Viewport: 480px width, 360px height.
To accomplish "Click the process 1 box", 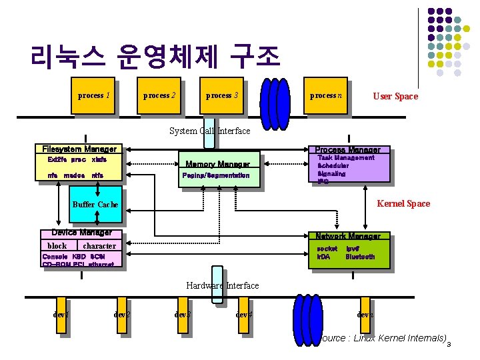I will point(94,96).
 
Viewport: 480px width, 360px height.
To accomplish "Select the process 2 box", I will point(160,96).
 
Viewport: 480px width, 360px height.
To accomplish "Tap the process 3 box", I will point(222,96).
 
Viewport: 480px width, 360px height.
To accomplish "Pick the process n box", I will point(326,96).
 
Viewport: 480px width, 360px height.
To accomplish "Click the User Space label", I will point(395,97).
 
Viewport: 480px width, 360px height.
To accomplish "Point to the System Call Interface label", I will point(210,131).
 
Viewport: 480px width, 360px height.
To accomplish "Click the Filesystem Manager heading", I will point(79,149).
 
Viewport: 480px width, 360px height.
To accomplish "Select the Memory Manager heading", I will point(217,164).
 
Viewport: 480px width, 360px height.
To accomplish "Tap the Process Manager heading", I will point(347,150).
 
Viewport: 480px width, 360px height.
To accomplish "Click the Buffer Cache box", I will point(95,205).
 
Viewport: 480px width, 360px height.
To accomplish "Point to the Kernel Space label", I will point(404,204).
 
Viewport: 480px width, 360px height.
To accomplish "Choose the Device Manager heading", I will point(81,233).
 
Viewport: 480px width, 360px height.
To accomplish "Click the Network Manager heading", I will point(348,236).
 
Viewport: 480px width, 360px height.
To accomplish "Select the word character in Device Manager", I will point(99,246).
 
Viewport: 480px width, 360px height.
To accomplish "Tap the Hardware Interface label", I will point(223,285).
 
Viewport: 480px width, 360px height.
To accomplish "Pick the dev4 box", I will point(244,315).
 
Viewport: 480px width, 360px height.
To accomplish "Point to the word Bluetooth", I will point(361,257).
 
